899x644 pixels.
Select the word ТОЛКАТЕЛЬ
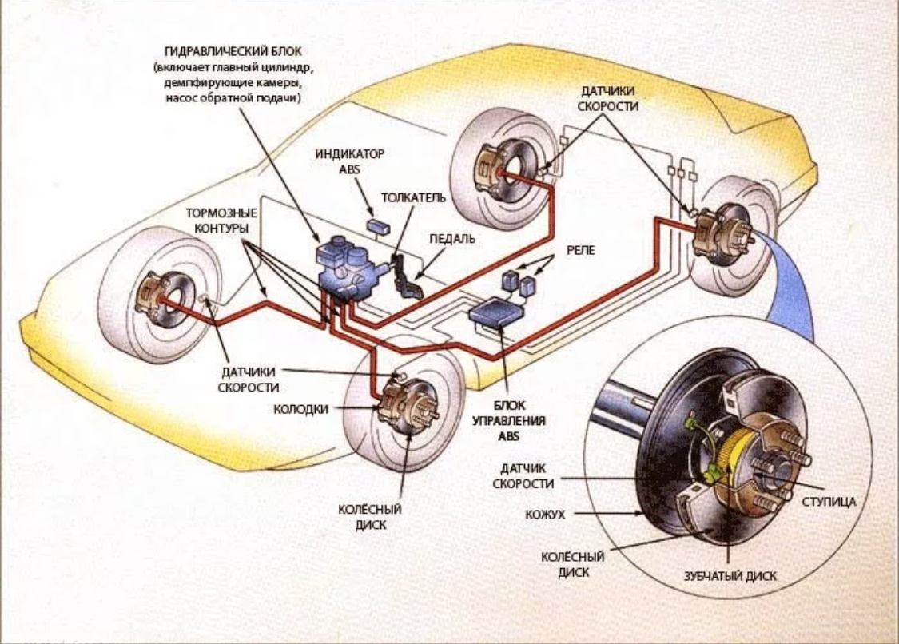tap(413, 197)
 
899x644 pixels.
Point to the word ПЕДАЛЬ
tap(452, 239)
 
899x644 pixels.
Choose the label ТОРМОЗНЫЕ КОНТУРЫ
tap(221, 221)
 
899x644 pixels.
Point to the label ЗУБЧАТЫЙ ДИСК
tap(730, 575)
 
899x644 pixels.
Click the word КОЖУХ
tap(545, 515)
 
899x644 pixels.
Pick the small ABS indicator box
tap(378, 224)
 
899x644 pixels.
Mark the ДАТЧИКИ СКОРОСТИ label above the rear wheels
tap(610, 99)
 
